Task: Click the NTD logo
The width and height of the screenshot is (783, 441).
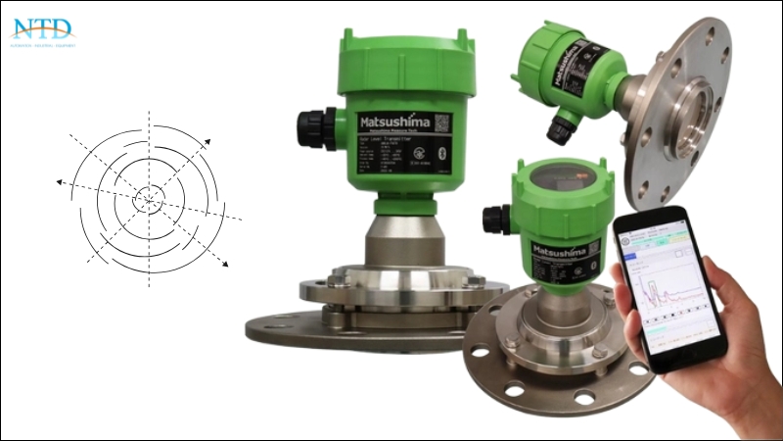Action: click(41, 30)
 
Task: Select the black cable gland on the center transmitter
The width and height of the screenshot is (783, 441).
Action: click(316, 127)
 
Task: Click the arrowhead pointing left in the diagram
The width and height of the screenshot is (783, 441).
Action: click(61, 182)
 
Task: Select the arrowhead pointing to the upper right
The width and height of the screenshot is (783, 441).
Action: click(206, 143)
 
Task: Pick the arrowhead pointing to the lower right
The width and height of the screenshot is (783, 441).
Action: click(225, 262)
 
